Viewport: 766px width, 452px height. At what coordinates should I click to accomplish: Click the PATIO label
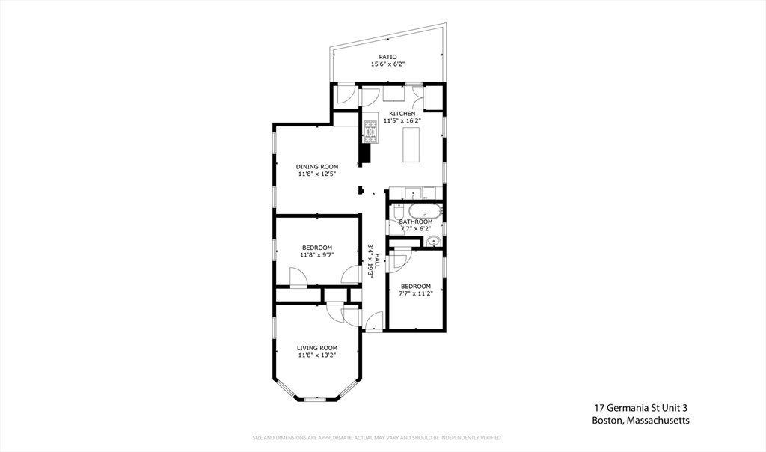[x=387, y=57]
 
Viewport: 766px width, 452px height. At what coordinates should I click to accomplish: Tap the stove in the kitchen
[x=371, y=132]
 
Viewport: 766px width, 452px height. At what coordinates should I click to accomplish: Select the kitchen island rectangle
[x=411, y=144]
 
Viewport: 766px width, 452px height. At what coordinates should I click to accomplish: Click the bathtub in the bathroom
[x=426, y=211]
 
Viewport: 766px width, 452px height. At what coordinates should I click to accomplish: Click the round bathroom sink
[x=432, y=242]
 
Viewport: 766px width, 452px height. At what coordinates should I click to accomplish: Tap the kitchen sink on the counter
[x=413, y=194]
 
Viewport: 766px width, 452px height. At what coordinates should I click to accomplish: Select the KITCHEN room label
[x=402, y=114]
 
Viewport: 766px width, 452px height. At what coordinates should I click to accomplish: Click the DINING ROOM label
[x=317, y=167]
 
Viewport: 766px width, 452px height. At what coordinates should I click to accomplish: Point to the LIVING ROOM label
[x=317, y=348]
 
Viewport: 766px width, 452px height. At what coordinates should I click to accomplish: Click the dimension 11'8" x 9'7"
[x=317, y=254]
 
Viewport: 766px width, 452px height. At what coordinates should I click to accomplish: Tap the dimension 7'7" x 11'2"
[x=416, y=293]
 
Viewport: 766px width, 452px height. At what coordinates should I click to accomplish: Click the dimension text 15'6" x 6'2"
[x=388, y=64]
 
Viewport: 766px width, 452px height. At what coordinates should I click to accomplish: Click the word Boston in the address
[x=607, y=421]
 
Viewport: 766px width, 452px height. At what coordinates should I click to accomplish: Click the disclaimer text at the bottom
[x=377, y=438]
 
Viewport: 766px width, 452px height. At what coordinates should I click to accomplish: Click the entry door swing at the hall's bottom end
[x=374, y=320]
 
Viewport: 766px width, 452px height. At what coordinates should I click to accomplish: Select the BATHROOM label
[x=416, y=222]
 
